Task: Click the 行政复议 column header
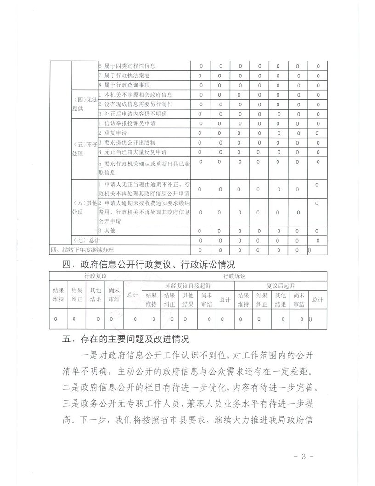(x=95, y=276)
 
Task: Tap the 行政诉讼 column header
(x=235, y=276)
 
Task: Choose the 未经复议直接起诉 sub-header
(x=188, y=286)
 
